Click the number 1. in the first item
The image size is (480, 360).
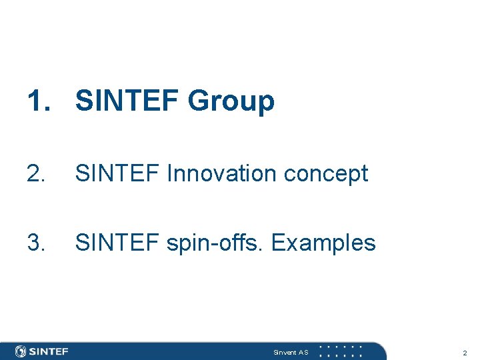[39, 101]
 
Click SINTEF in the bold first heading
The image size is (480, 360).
[127, 101]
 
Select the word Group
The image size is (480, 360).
[231, 102]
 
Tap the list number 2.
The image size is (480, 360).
[37, 174]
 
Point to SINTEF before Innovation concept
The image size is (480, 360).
[118, 174]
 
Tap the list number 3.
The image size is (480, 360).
[37, 243]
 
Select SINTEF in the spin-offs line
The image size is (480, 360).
[118, 243]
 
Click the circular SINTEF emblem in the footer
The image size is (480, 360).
[21, 351]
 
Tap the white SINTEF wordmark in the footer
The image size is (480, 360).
[49, 351]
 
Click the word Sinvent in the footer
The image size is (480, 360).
[285, 352]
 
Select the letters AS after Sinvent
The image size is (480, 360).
[303, 352]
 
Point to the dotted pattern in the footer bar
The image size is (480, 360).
[341, 351]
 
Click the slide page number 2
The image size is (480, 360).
[465, 352]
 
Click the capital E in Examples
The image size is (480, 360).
[279, 243]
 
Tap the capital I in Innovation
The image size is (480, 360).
[170, 174]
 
